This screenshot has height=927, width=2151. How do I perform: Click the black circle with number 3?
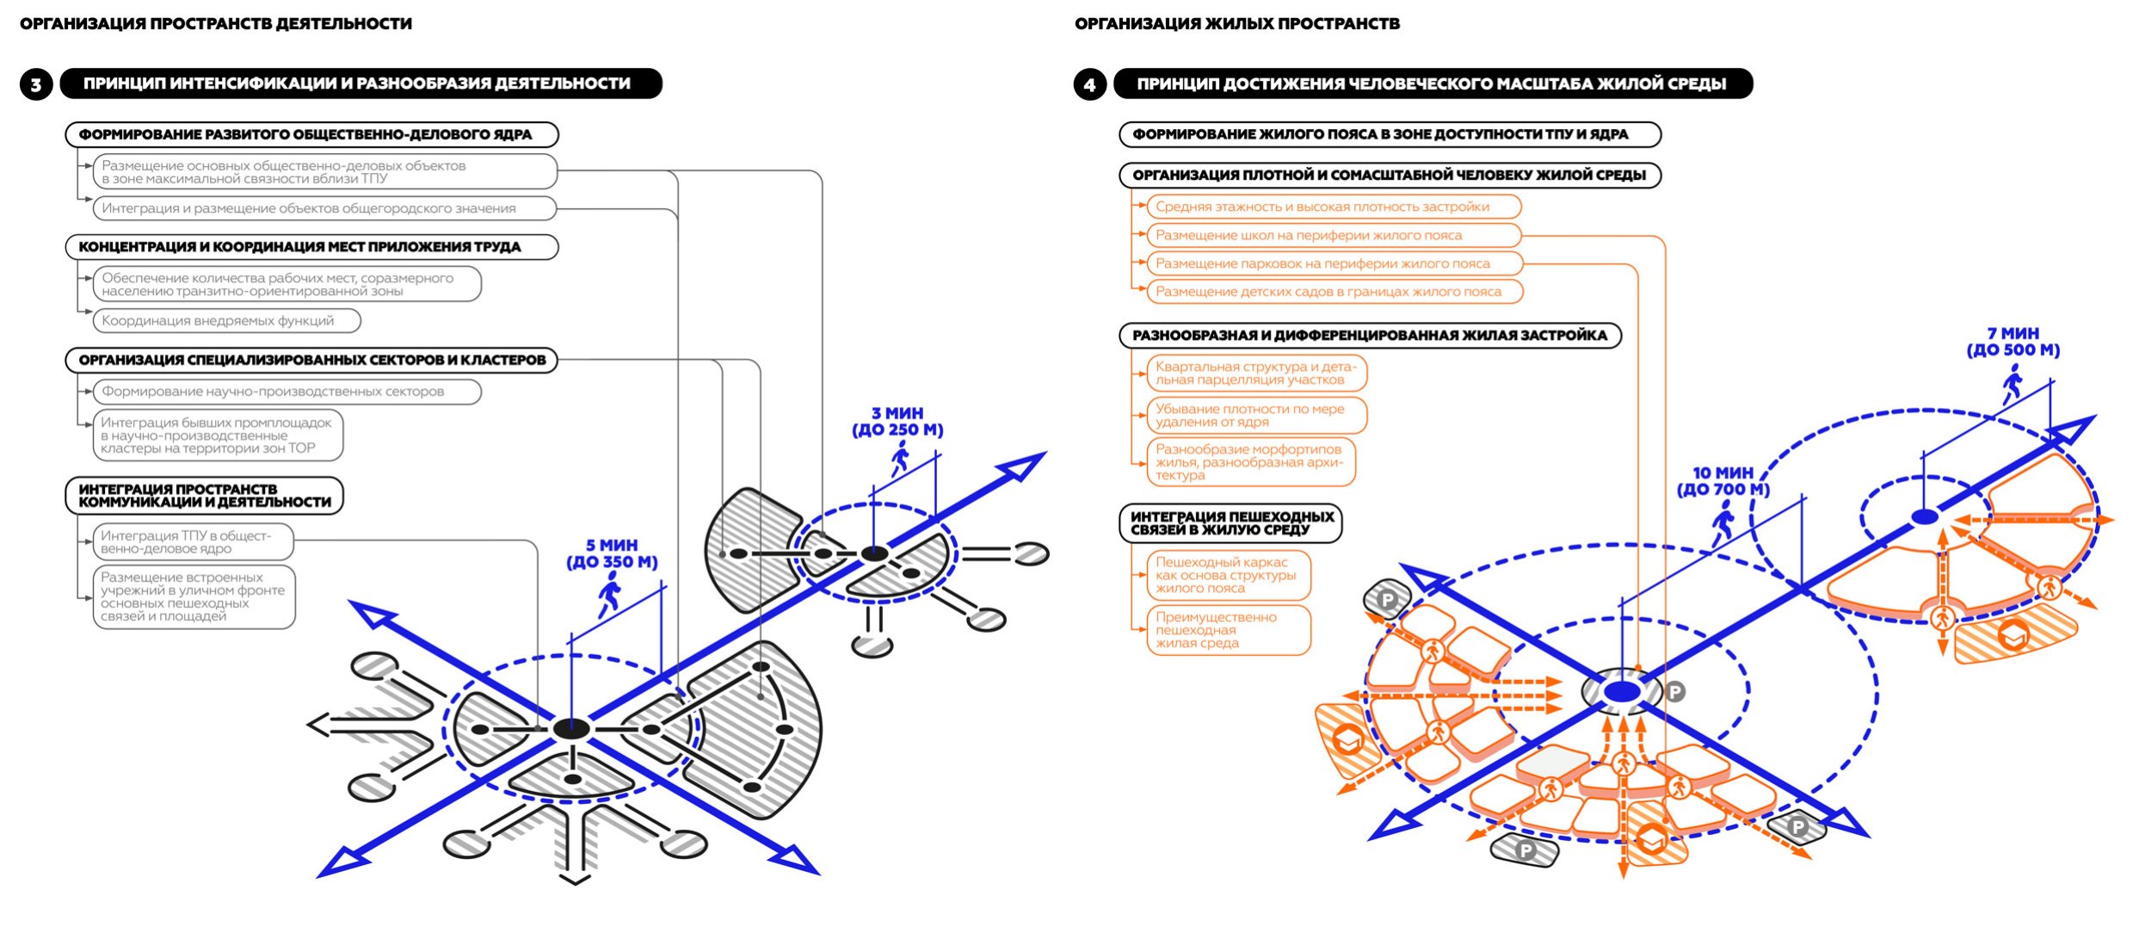point(36,84)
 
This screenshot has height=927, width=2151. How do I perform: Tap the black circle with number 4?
point(1089,84)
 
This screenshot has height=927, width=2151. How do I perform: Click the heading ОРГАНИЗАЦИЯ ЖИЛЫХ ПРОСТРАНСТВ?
point(1236,24)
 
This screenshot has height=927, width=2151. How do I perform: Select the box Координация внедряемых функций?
point(226,321)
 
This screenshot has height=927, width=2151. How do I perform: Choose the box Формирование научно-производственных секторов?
point(287,392)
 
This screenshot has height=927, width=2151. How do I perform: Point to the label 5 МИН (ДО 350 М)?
point(612,553)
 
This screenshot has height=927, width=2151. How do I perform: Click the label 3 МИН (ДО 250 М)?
point(897,422)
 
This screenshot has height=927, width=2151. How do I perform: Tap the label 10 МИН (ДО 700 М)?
point(1723,481)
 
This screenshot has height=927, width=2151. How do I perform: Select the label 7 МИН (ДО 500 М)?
point(2012,342)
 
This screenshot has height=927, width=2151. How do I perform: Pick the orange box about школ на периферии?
point(1334,235)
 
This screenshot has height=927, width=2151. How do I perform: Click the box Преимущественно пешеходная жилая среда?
point(1228,630)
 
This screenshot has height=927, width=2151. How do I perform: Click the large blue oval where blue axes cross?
point(1623,691)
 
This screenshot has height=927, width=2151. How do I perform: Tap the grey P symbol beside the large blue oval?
point(1674,691)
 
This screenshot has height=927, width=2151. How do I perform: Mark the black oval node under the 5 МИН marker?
point(570,729)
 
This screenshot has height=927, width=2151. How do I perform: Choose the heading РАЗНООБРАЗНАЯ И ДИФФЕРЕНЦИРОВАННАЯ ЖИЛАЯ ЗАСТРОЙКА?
point(1370,336)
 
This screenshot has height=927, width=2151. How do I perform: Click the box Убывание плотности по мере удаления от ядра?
point(1256,416)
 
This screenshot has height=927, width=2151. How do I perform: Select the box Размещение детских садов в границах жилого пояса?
point(1334,292)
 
